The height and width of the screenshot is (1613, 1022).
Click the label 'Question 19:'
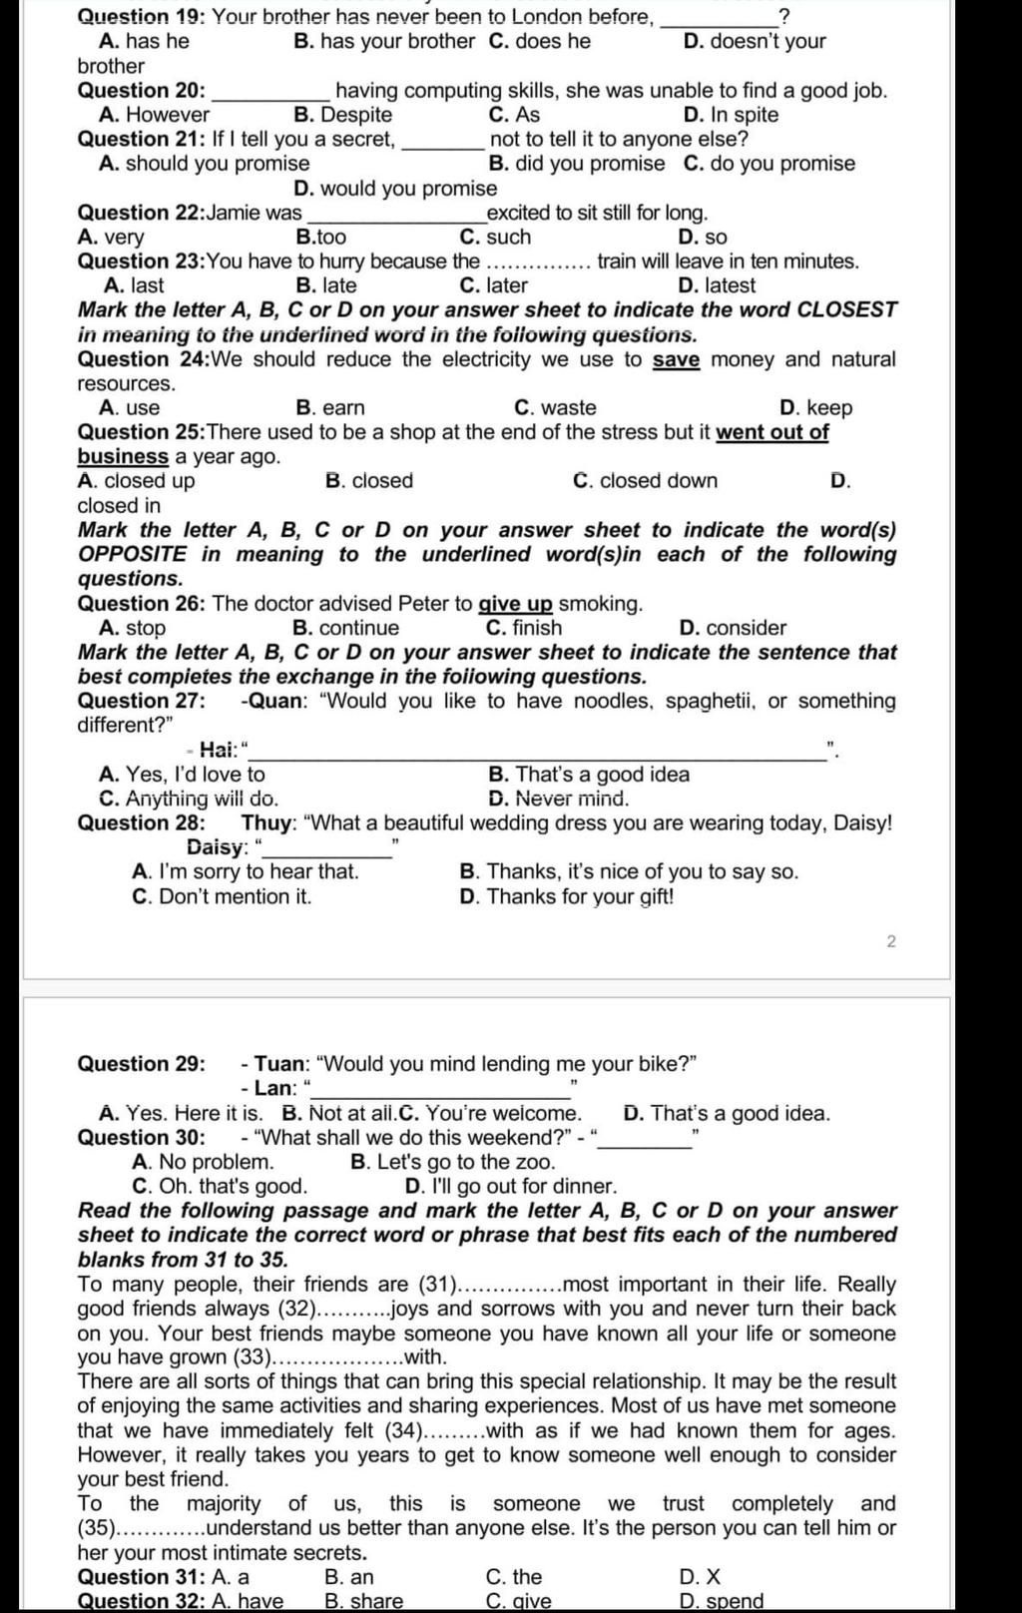[x=142, y=17]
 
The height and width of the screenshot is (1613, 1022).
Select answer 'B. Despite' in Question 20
[x=342, y=115]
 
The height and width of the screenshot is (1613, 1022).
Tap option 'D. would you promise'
[x=395, y=189]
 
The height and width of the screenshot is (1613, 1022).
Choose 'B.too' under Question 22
[x=321, y=238]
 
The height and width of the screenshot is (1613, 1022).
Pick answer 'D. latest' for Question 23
[x=716, y=285]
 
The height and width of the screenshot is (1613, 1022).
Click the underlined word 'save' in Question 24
[x=676, y=359]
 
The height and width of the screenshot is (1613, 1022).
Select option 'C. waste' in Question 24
[x=555, y=408]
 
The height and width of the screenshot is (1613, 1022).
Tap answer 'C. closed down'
[x=645, y=481]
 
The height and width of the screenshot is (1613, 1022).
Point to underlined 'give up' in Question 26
[x=515, y=604]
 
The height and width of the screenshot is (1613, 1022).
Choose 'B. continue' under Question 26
[x=345, y=628]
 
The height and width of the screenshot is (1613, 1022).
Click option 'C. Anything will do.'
[x=189, y=799]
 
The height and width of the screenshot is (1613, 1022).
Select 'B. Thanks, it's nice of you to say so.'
[x=629, y=872]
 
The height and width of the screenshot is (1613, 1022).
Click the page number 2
[x=891, y=941]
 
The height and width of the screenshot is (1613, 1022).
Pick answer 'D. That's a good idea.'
[x=727, y=1113]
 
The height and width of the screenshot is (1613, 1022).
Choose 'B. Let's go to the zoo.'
[x=453, y=1162]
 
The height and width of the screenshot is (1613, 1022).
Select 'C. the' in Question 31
[x=513, y=1577]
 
